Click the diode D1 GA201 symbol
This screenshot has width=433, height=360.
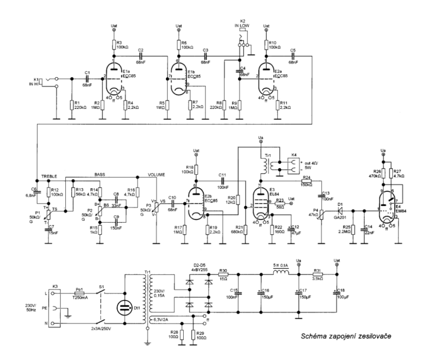(340, 210)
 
